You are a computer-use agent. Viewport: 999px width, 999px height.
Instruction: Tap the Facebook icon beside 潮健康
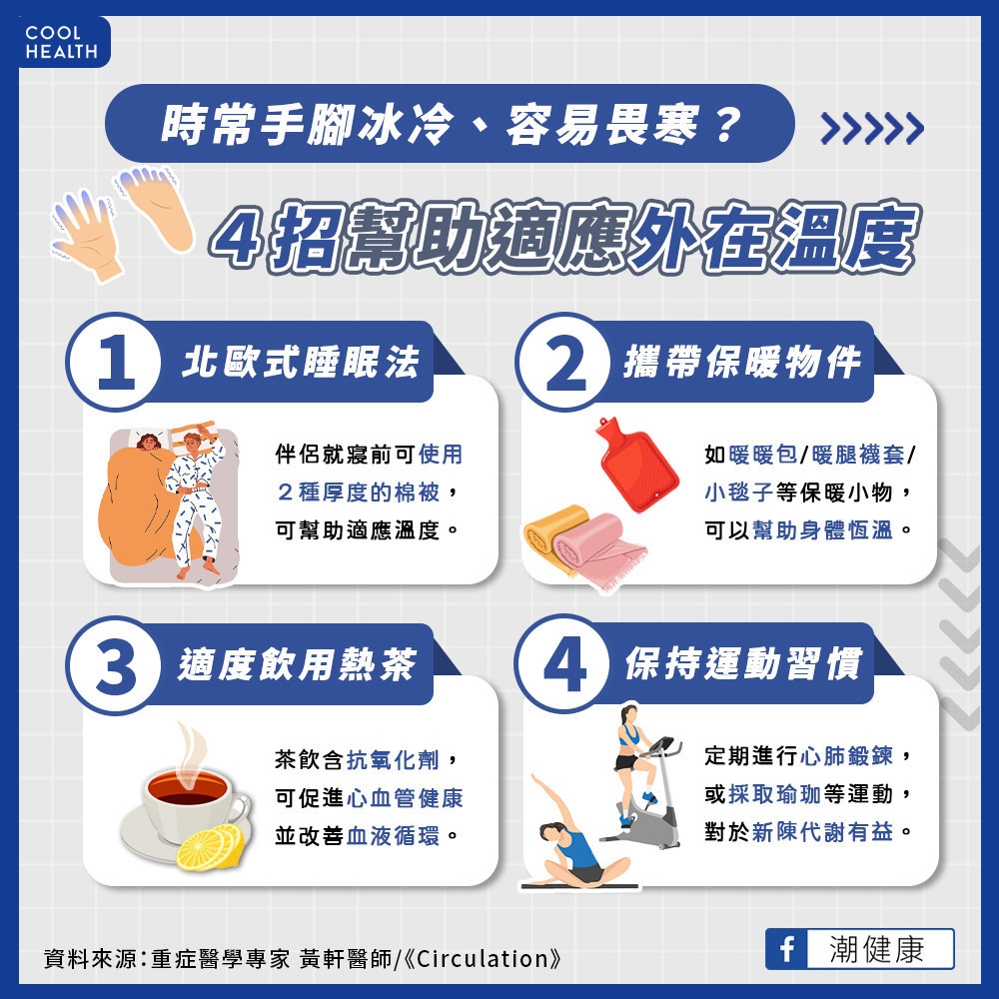(786, 948)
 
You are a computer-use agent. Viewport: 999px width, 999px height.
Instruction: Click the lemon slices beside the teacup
(210, 846)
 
